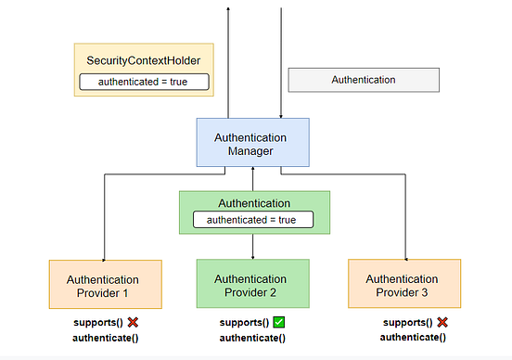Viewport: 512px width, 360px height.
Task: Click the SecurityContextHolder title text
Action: point(144,60)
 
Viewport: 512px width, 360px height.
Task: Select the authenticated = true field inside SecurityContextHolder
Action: point(144,82)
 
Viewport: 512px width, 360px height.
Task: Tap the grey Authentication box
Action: point(364,80)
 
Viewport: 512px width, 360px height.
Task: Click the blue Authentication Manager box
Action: point(253,144)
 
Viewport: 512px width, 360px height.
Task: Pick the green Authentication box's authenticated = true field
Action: point(253,220)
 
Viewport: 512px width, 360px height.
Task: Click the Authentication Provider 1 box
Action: point(104,285)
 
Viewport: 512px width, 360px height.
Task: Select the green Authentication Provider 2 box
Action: point(253,285)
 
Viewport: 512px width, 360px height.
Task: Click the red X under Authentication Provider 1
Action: point(133,322)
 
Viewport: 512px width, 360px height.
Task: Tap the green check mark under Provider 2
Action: point(280,322)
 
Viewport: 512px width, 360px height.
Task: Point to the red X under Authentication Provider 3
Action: point(442,322)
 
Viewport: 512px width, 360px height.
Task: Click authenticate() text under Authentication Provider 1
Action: point(105,338)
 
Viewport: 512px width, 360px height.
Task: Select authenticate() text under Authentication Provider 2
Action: point(252,338)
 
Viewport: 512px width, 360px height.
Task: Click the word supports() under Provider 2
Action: point(244,323)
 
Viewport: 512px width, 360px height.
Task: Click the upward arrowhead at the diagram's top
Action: point(228,7)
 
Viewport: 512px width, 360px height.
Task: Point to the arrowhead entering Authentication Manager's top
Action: point(281,116)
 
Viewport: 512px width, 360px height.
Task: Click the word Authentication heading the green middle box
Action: point(253,202)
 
